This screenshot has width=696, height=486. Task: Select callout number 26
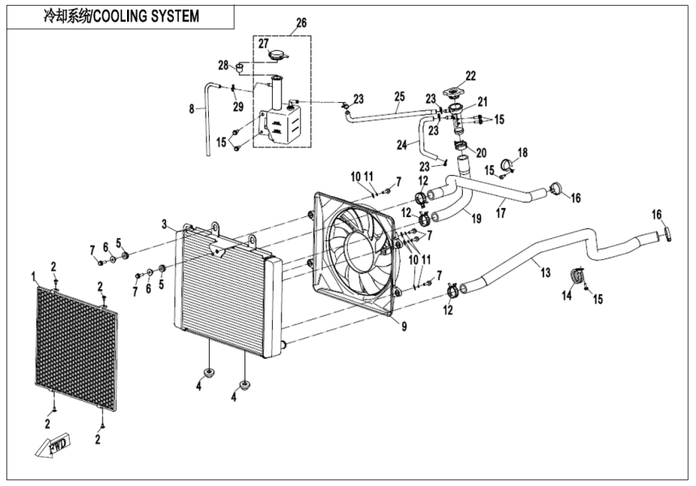pyautogui.click(x=301, y=22)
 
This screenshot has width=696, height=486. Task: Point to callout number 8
pyautogui.click(x=191, y=107)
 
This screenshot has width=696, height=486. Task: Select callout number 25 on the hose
pyautogui.click(x=399, y=96)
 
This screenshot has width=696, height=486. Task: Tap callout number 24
pyautogui.click(x=402, y=147)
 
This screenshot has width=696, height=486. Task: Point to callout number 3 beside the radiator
pyautogui.click(x=163, y=224)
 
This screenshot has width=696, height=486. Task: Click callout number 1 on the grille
pyautogui.click(x=34, y=277)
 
